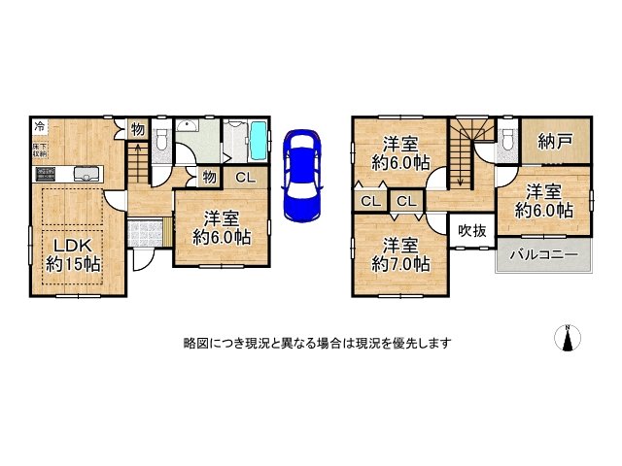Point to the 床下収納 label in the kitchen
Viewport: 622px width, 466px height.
pos(40,150)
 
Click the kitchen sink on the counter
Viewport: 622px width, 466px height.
pos(86,175)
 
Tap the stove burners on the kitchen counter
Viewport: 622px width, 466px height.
pos(48,175)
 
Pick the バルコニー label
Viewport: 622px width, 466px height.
pos(543,255)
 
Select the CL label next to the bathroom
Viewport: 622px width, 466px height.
pos(246,176)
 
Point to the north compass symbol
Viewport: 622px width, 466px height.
pos(565,338)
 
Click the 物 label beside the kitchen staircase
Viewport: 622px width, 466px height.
pos(138,128)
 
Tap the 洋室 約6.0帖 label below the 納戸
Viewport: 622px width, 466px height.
pos(543,200)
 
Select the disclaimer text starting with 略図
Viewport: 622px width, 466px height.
pos(316,344)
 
